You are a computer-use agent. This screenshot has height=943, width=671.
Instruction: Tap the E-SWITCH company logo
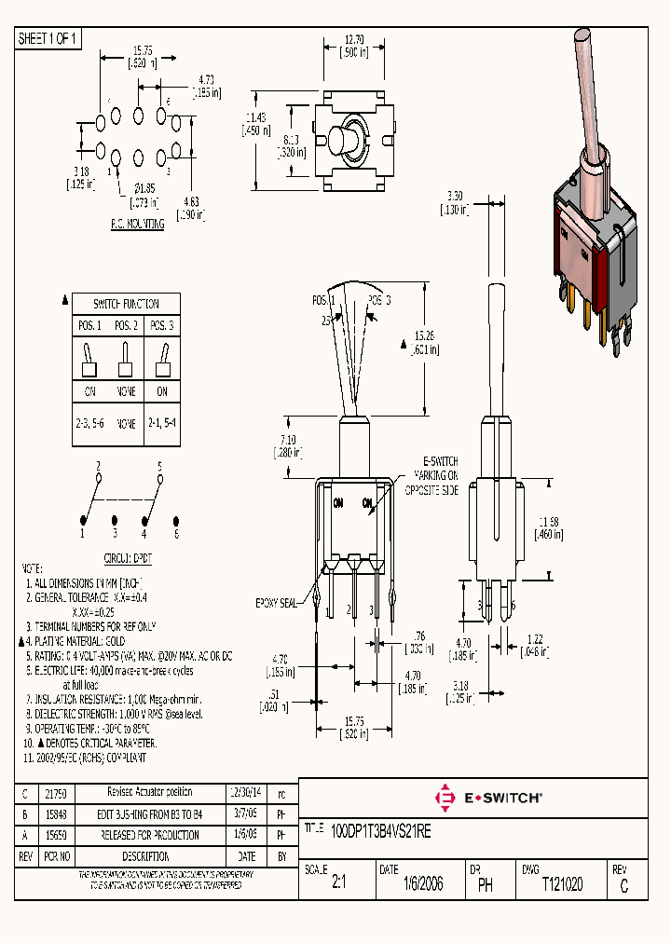point(488,798)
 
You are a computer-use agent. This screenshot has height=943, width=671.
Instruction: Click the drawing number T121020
point(562,884)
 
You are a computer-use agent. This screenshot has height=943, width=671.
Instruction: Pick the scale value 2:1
point(338,885)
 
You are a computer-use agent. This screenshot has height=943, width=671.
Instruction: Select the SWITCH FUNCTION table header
point(126,304)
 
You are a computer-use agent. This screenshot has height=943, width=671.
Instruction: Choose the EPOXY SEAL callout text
point(276,604)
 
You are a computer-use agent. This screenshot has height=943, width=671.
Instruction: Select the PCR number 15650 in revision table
point(56,834)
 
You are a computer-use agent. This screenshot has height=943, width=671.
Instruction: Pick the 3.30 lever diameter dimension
point(455,197)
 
